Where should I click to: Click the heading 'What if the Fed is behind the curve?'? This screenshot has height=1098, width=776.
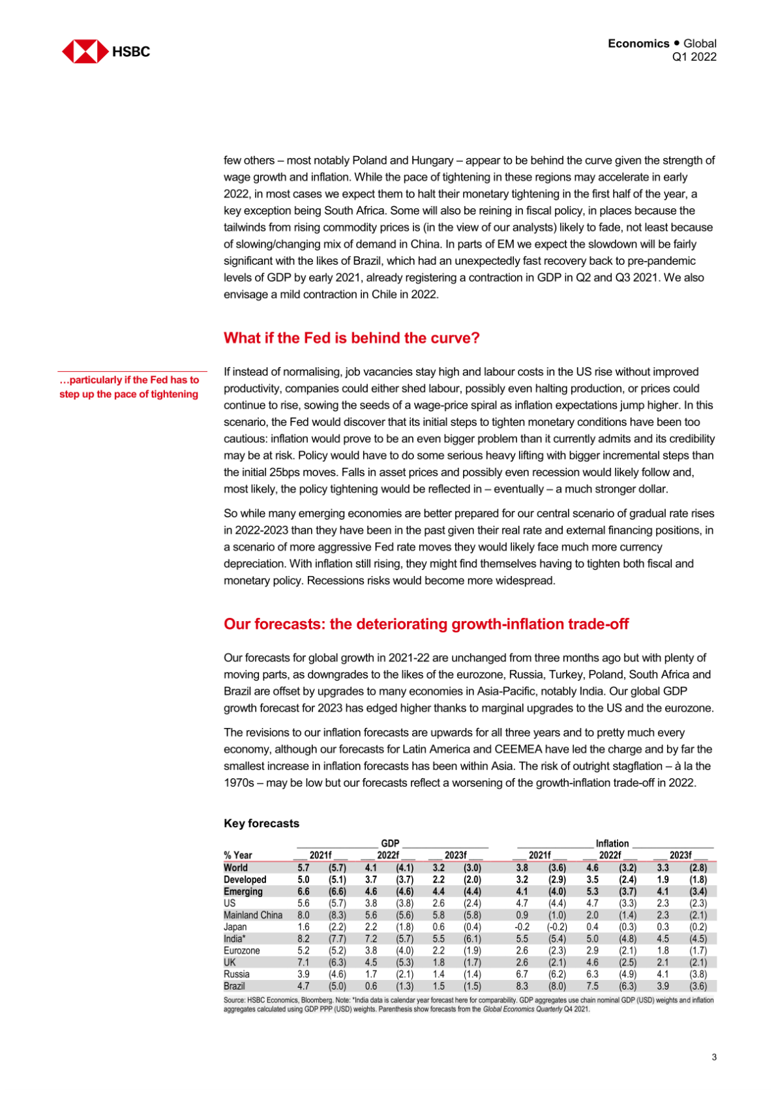tap(351, 338)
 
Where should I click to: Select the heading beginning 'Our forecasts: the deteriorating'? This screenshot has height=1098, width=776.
tap(426, 624)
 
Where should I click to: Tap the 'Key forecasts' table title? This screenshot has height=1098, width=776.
tap(261, 823)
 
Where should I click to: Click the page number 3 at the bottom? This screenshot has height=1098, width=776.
tap(714, 1057)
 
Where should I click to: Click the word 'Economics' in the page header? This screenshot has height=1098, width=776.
tap(638, 44)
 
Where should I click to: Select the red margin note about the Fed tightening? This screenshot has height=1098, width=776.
tap(129, 387)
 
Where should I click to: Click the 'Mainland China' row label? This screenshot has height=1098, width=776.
tap(253, 915)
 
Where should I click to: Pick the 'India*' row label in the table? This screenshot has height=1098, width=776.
tap(235, 939)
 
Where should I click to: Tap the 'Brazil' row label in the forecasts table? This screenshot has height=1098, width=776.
tap(234, 986)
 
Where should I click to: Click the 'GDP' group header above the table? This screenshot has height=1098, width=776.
tap(390, 844)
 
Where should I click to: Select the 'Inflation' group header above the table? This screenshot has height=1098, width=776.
tap(612, 844)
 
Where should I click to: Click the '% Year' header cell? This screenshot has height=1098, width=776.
tap(237, 855)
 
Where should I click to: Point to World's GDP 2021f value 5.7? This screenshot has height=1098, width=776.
tap(303, 868)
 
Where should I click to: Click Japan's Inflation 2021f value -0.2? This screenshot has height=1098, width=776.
tap(522, 927)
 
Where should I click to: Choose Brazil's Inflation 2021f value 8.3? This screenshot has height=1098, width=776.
tap(522, 986)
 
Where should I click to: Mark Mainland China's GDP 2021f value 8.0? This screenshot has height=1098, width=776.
tap(303, 915)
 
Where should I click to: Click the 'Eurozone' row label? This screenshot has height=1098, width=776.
tap(241, 951)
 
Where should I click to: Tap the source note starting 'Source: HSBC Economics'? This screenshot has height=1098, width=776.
tap(468, 1004)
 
